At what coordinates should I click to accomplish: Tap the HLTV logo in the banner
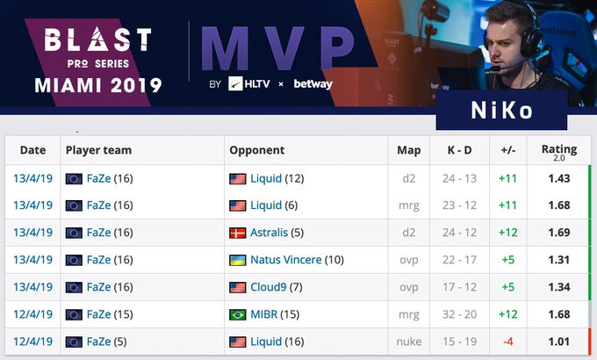point(248,84)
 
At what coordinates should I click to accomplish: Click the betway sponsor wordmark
point(312,84)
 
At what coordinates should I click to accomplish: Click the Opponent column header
point(257,150)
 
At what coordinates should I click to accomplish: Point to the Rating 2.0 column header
point(559,151)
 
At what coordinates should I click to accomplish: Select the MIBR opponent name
point(266,314)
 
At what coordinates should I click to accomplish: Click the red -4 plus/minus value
point(507,342)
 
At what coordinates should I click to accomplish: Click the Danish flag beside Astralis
point(238,233)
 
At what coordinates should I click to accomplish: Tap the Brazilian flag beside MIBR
point(238,314)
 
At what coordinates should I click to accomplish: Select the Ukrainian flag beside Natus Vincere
point(238,260)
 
